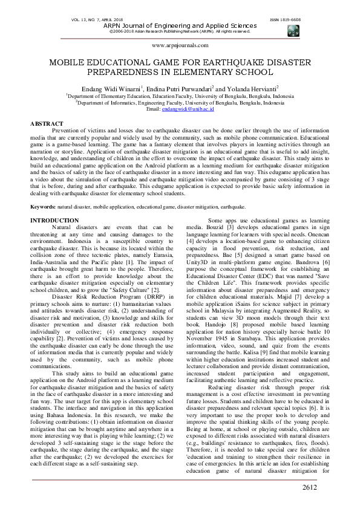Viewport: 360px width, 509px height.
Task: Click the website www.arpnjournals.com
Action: tap(180, 45)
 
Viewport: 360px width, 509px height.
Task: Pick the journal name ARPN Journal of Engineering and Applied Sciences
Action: tap(180, 25)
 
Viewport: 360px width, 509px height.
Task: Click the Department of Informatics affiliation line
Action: tap(180, 103)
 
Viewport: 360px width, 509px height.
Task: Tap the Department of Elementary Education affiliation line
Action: tap(180, 96)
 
